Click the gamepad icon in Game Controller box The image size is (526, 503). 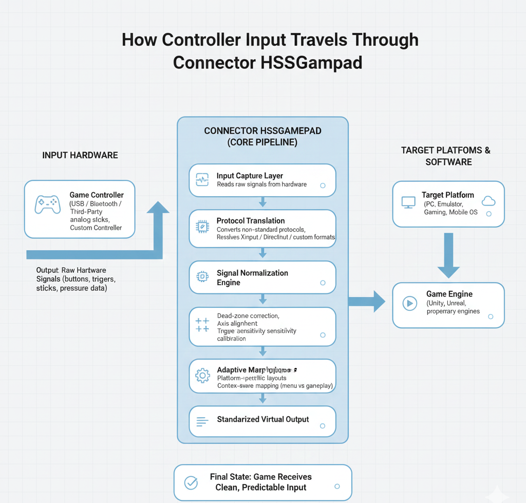pyautogui.click(x=47, y=204)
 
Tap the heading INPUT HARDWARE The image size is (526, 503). pyautogui.click(x=80, y=155)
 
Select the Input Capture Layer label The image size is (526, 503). pyautogui.click(x=250, y=176)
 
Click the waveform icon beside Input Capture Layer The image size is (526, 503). pyautogui.click(x=202, y=180)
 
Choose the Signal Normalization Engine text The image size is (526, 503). pyautogui.click(x=252, y=277)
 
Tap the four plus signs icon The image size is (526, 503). pyautogui.click(x=202, y=325)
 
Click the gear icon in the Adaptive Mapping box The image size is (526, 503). pyautogui.click(x=202, y=376)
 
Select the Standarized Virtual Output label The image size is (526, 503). pyautogui.click(x=262, y=419)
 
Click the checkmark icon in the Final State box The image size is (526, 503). pyautogui.click(x=191, y=482)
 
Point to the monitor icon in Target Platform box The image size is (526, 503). pyautogui.click(x=408, y=202)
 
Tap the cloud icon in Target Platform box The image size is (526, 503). pyautogui.click(x=489, y=201)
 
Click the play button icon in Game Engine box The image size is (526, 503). pyautogui.click(x=409, y=303)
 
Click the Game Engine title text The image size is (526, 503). pyautogui.click(x=449, y=294)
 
